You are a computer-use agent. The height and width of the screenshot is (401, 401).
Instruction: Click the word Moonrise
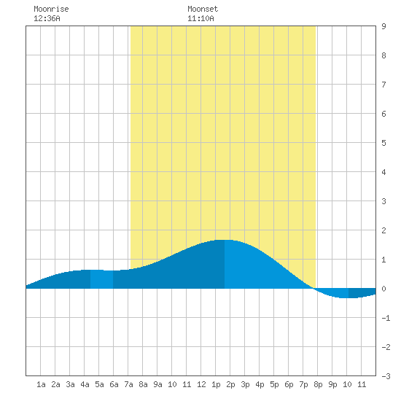coord(51,9)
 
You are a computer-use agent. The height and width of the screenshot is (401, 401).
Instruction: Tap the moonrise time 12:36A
coord(47,18)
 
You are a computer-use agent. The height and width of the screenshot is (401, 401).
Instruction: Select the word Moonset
coord(203,9)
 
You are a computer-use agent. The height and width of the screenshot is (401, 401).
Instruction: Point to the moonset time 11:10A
coord(200,18)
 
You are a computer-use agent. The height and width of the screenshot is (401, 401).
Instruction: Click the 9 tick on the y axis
coord(384,26)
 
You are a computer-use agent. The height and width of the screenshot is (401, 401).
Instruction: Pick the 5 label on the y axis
coord(384,143)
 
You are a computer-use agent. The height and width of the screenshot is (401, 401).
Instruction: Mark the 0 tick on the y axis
coord(384,289)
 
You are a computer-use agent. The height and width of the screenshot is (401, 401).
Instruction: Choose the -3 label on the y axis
coord(386,376)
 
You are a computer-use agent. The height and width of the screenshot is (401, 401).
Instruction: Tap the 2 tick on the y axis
coord(384,230)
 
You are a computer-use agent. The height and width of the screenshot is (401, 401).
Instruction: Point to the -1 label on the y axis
coord(386,318)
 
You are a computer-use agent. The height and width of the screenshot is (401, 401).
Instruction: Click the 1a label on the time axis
coord(41,384)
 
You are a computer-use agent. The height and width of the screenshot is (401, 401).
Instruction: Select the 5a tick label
coord(99,384)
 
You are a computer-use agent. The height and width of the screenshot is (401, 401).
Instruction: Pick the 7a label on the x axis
coord(128,384)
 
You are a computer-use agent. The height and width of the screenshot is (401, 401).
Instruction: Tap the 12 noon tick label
coord(201,384)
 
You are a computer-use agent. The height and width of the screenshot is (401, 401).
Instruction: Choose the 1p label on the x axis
coord(216,384)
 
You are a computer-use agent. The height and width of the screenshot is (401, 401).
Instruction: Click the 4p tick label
coord(260,384)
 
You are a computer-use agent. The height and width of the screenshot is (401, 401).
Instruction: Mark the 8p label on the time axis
coord(318,384)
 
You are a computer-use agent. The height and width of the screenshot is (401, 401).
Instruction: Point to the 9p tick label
coord(332,384)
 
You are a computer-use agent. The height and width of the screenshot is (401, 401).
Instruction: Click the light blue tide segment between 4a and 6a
coord(101,279)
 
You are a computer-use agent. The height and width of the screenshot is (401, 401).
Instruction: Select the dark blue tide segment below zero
coord(362,293)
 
